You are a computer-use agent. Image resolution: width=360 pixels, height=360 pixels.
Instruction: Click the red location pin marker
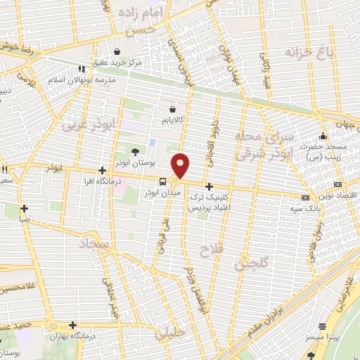[181, 165]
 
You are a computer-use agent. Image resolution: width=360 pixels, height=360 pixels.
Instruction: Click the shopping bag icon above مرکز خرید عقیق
[116, 51]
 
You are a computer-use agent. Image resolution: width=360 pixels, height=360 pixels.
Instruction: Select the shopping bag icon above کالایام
[173, 109]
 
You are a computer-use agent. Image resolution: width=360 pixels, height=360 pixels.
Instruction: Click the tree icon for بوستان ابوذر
[136, 152]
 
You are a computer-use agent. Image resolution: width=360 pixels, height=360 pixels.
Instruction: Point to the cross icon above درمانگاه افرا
[103, 170]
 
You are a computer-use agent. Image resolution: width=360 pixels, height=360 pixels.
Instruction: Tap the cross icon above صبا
[25, 208]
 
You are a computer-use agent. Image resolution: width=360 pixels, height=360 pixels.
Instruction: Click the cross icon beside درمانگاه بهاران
[73, 325]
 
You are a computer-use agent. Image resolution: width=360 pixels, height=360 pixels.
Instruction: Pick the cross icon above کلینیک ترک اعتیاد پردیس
[209, 186]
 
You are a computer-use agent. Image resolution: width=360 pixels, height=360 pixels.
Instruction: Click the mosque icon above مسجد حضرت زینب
[322, 136]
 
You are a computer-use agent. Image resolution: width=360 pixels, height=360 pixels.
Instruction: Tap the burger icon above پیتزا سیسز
[322, 326]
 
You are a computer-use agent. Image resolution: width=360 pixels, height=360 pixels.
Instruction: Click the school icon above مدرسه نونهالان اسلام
[82, 69]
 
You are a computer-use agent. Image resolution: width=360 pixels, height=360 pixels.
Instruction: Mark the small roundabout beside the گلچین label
[245, 257]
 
